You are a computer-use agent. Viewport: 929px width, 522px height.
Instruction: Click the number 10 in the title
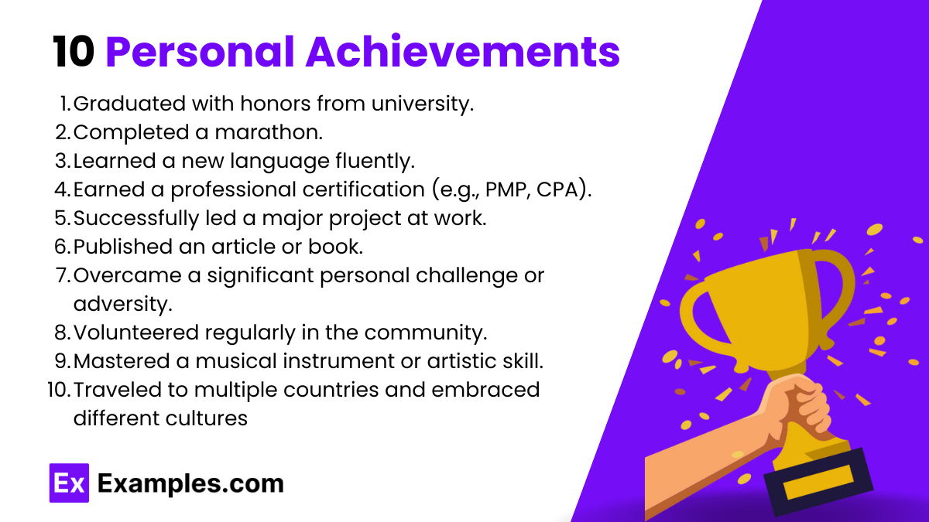pyautogui.click(x=74, y=52)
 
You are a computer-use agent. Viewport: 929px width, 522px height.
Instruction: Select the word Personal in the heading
pyautogui.click(x=199, y=52)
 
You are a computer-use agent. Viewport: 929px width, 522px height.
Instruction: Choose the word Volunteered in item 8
pyautogui.click(x=136, y=332)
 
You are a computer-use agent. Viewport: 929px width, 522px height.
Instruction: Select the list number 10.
pyautogui.click(x=57, y=389)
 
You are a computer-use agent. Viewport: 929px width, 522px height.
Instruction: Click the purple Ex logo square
pyautogui.click(x=69, y=483)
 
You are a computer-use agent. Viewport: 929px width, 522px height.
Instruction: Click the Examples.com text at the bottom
pyautogui.click(x=190, y=484)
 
